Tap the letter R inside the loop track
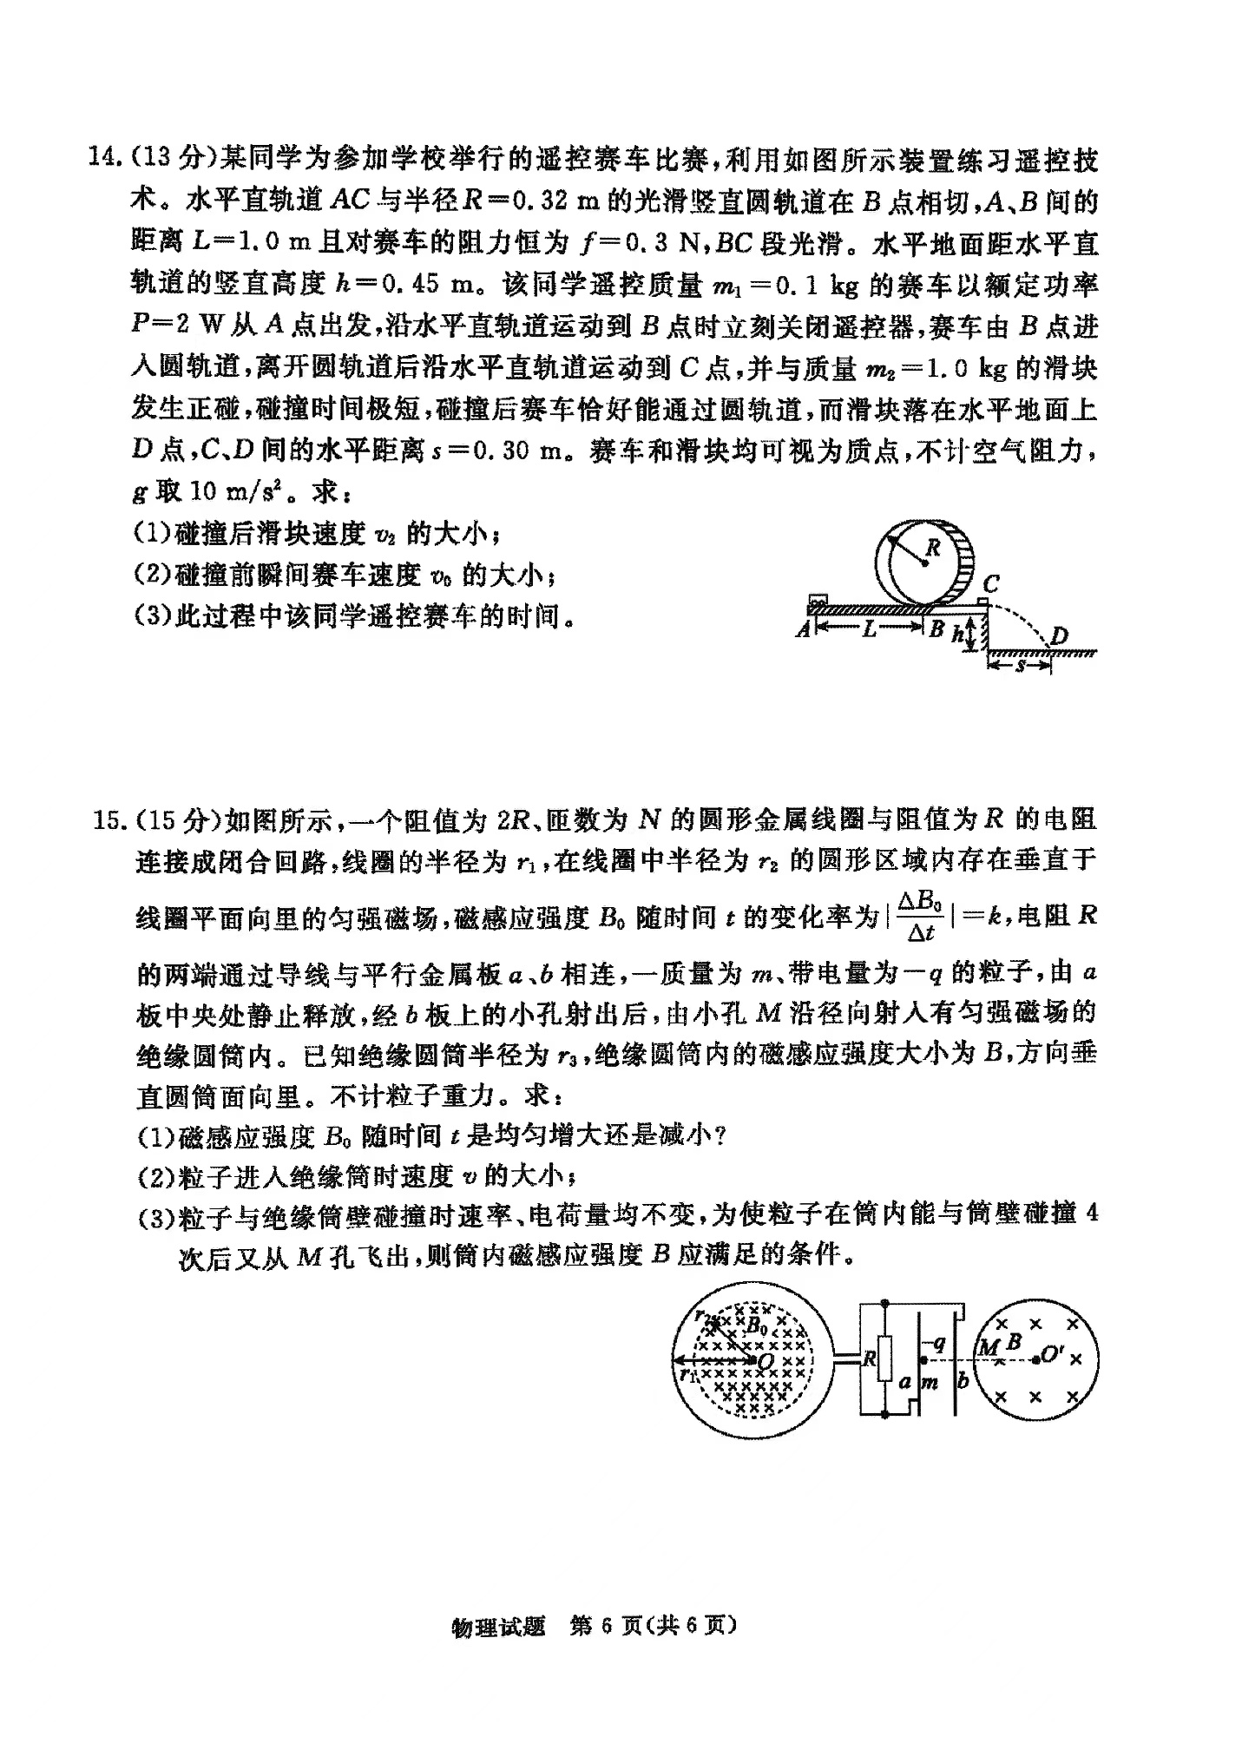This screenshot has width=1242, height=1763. tap(933, 548)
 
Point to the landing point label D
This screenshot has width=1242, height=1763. tap(1059, 636)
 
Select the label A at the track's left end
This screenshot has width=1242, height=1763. tap(803, 628)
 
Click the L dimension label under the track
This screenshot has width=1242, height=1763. tap(869, 629)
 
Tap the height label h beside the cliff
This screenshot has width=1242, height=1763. tap(956, 634)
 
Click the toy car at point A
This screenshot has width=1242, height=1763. tap(816, 600)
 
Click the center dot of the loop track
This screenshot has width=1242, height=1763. tap(925, 562)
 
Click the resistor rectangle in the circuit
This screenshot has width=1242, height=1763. tap(884, 1358)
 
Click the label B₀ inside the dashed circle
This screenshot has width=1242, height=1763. tap(758, 1326)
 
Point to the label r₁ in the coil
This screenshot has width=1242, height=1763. tap(688, 1374)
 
